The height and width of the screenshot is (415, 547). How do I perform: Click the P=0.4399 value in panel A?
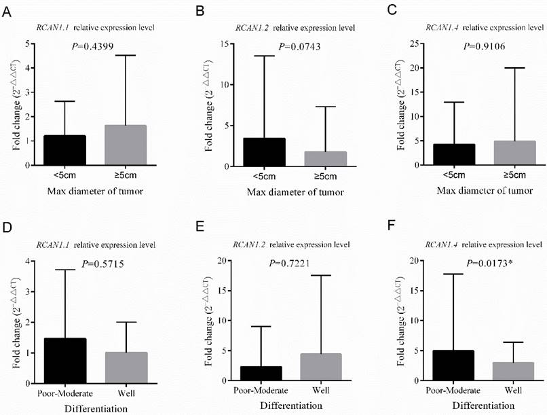(93, 46)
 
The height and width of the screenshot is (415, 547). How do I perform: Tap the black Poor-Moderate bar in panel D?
(66, 361)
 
